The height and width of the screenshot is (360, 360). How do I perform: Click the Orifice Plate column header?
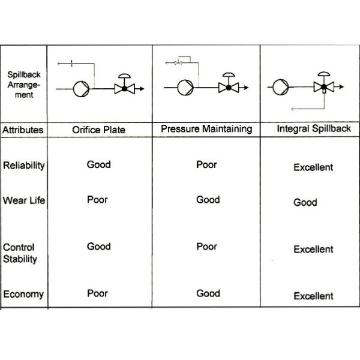pyautogui.click(x=98, y=130)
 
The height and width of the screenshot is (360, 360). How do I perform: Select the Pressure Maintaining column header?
pyautogui.click(x=206, y=129)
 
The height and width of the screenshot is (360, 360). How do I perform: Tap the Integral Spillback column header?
pyautogui.click(x=314, y=128)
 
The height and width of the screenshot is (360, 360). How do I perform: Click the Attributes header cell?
pyautogui.click(x=23, y=130)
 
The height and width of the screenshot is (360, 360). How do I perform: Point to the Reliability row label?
pyautogui.click(x=24, y=166)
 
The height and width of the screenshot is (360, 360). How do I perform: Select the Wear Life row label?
pyautogui.click(x=24, y=200)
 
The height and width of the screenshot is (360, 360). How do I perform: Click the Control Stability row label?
pyautogui.click(x=20, y=253)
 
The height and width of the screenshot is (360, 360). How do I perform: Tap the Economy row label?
pyautogui.click(x=23, y=295)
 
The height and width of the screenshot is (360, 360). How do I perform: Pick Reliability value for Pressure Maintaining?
pyautogui.click(x=206, y=164)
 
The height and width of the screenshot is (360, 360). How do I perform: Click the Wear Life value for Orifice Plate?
pyautogui.click(x=97, y=200)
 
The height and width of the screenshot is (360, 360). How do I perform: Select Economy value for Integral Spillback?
pyautogui.click(x=313, y=296)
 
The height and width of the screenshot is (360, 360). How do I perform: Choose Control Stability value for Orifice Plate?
pyautogui.click(x=99, y=247)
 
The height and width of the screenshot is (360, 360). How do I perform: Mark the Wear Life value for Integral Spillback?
pyautogui.click(x=305, y=203)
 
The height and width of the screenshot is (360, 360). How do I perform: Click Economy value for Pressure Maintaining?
pyautogui.click(x=208, y=293)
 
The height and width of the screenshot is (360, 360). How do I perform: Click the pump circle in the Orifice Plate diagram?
pyautogui.click(x=81, y=89)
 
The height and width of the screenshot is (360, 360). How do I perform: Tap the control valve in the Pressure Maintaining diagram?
pyautogui.click(x=229, y=83)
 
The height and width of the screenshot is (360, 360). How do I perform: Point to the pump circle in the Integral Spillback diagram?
pyautogui.click(x=281, y=87)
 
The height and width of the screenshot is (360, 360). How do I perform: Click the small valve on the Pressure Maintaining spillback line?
pyautogui.click(x=178, y=62)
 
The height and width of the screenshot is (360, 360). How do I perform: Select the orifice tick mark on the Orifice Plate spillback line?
pyautogui.click(x=71, y=64)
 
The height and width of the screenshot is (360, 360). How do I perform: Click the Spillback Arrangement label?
pyautogui.click(x=24, y=85)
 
